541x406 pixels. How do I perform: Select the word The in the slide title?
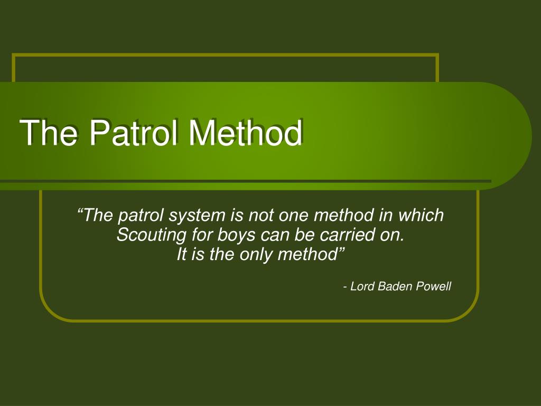pyautogui.click(x=49, y=133)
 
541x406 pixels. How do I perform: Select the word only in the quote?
pyautogui.click(x=254, y=254)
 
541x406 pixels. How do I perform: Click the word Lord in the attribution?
pyautogui.click(x=362, y=287)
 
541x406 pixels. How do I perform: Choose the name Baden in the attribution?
pyautogui.click(x=394, y=287)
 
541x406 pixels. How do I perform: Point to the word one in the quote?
pyautogui.click(x=292, y=216)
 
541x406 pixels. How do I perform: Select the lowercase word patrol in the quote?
pyautogui.click(x=141, y=216)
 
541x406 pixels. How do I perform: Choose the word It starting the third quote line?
pyautogui.click(x=182, y=254)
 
